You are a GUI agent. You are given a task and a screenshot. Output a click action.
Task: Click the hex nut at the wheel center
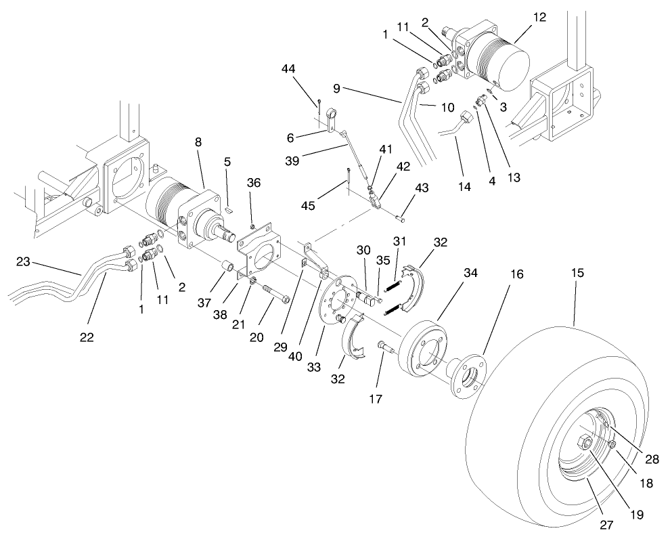585,444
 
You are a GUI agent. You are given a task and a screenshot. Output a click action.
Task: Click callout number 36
252,182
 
